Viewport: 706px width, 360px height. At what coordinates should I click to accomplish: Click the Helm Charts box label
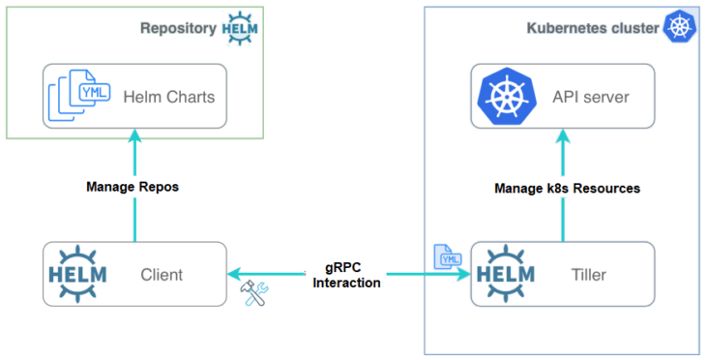(x=168, y=97)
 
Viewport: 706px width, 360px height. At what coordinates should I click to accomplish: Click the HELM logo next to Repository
(x=241, y=27)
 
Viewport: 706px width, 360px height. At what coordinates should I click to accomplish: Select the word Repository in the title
(x=178, y=27)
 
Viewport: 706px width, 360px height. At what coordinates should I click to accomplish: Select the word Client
(x=161, y=275)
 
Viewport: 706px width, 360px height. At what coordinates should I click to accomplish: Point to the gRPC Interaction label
(x=347, y=275)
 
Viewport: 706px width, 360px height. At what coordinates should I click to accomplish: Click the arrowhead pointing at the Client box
(x=235, y=275)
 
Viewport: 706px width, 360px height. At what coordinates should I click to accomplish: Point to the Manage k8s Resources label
(x=567, y=188)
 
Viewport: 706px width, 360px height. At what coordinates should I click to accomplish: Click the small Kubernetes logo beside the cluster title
(x=679, y=26)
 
